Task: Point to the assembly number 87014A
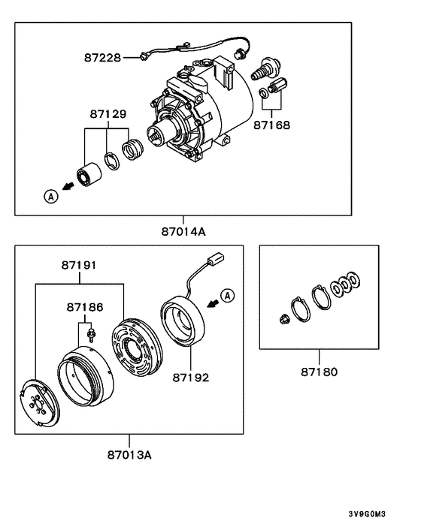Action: click(183, 231)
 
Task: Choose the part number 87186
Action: click(85, 307)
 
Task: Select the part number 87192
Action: click(188, 378)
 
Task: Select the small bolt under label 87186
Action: click(90, 333)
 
